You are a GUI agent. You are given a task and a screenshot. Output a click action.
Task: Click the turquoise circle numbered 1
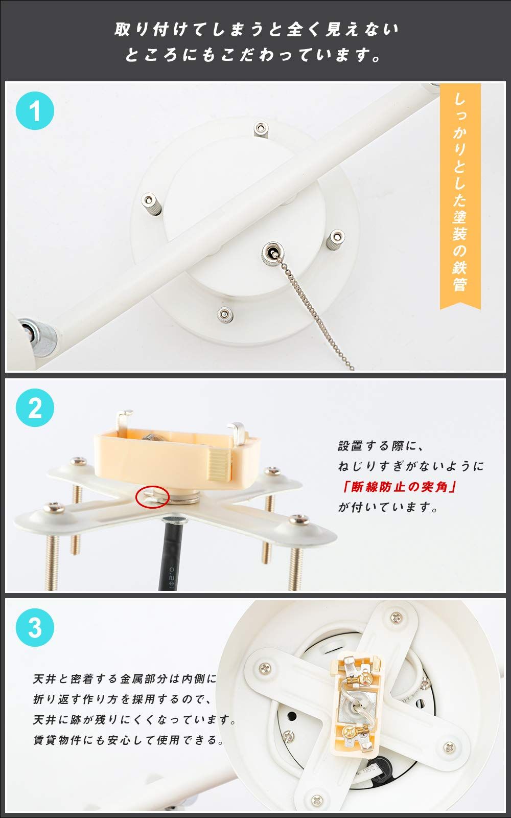(x=35, y=110)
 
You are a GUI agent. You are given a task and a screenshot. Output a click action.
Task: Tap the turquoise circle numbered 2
(x=35, y=407)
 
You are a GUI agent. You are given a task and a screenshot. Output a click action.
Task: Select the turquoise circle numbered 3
(x=35, y=627)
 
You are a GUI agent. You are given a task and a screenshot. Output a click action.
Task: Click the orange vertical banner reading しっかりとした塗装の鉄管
(x=460, y=196)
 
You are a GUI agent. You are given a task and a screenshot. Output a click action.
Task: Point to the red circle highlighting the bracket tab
(x=152, y=497)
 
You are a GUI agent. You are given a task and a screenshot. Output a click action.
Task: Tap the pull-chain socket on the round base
(x=271, y=253)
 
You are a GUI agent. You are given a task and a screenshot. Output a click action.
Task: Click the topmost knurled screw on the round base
(x=260, y=129)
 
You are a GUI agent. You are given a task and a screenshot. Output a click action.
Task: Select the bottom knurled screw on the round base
(x=224, y=315)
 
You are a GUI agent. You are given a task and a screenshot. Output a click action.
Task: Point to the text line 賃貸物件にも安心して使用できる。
(x=128, y=740)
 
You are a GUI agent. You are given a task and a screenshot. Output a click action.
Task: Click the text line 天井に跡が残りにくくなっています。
(x=134, y=719)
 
